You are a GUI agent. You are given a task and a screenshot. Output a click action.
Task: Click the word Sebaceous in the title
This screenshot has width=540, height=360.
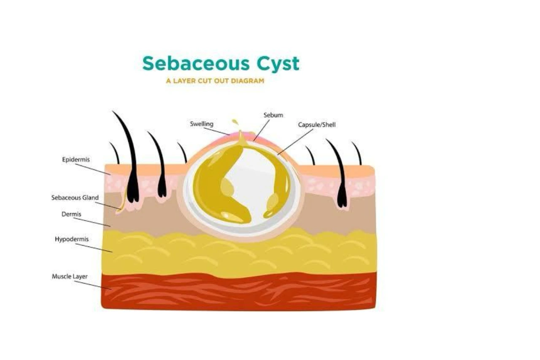[196, 63]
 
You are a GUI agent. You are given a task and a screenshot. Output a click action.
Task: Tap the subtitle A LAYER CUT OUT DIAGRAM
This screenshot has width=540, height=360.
[215, 81]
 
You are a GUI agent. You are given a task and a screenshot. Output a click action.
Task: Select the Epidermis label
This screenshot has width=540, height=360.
[76, 160]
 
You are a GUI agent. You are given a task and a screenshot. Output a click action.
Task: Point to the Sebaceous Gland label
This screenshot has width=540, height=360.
[75, 198]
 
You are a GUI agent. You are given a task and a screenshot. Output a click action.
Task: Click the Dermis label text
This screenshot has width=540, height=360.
[71, 214]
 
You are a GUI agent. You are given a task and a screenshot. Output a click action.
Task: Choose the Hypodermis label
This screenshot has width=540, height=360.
[72, 239]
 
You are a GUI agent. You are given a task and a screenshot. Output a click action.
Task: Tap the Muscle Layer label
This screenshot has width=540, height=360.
[70, 276]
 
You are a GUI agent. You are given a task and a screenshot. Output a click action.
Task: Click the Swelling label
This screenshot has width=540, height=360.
[202, 124]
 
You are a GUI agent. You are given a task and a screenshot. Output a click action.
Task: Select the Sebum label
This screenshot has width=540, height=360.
[273, 115]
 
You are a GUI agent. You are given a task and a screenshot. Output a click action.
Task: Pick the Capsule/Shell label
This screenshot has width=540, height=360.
[317, 125]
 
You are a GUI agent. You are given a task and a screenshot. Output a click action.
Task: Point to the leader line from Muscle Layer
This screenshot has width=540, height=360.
[93, 285]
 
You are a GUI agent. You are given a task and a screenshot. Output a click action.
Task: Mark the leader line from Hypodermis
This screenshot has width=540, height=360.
[94, 248]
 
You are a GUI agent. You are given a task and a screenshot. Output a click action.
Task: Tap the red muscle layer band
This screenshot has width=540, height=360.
[239, 291]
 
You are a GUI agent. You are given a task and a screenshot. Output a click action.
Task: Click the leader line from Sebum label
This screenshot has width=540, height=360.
[262, 130]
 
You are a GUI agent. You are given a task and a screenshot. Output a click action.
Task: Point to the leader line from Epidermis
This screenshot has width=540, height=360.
[93, 169]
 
